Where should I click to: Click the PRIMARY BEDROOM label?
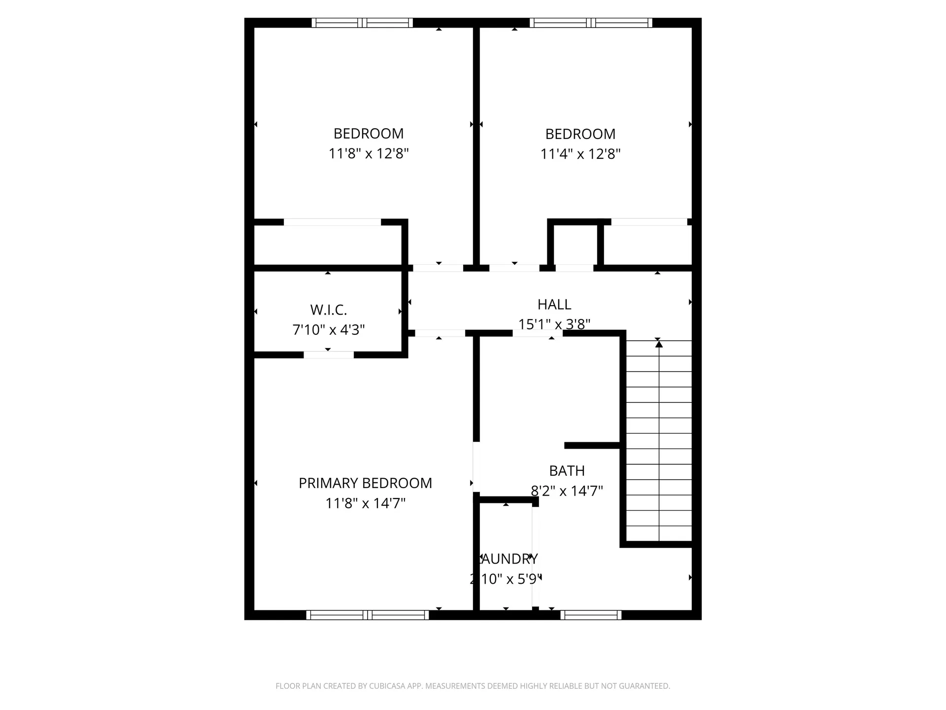click(x=365, y=483)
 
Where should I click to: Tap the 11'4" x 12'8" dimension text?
click(x=580, y=154)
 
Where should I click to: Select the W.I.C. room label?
click(x=328, y=310)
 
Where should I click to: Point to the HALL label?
click(x=554, y=305)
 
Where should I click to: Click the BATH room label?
click(x=567, y=471)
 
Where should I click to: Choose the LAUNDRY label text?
click(x=508, y=559)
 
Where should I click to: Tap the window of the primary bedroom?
click(x=368, y=615)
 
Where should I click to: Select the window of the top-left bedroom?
click(x=362, y=23)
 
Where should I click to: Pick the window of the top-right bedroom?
click(x=591, y=23)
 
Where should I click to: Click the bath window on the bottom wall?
click(x=590, y=615)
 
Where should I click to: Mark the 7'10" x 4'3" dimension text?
click(x=328, y=330)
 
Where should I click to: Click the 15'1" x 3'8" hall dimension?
click(x=554, y=324)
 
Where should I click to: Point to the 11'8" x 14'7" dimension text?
click(x=365, y=503)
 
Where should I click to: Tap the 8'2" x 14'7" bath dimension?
click(x=567, y=491)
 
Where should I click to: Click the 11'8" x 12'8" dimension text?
click(x=369, y=154)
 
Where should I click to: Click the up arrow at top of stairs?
click(x=659, y=344)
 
